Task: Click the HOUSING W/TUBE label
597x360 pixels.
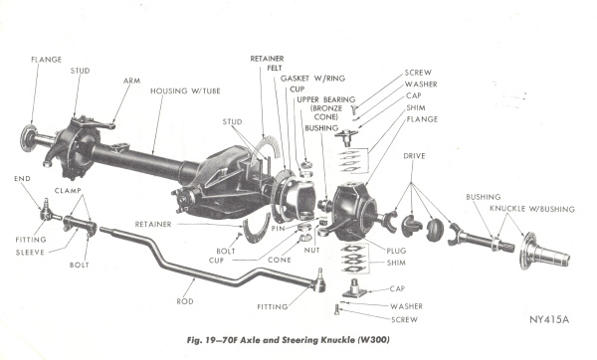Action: tap(185, 90)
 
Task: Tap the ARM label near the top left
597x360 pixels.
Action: tap(131, 81)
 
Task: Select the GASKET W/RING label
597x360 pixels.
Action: tap(312, 79)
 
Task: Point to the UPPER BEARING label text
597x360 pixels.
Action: tap(326, 99)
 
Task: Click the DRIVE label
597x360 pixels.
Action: tap(414, 156)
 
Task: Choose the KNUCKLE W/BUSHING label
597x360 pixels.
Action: tap(532, 209)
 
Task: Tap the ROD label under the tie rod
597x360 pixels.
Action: tap(185, 301)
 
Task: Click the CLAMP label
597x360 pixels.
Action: tap(68, 190)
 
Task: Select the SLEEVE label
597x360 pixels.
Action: tap(30, 252)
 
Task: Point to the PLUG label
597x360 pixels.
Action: tap(396, 251)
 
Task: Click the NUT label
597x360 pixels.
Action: tap(311, 250)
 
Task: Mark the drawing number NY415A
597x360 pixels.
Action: tap(549, 319)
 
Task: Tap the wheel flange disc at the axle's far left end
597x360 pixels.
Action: tap(28, 138)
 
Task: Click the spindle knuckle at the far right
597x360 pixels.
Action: tap(544, 252)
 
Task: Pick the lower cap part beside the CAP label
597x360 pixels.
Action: tap(354, 288)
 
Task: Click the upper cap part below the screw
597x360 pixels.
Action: tap(346, 138)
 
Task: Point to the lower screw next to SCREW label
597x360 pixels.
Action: tap(336, 309)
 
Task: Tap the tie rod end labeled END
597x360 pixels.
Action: tap(49, 212)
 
